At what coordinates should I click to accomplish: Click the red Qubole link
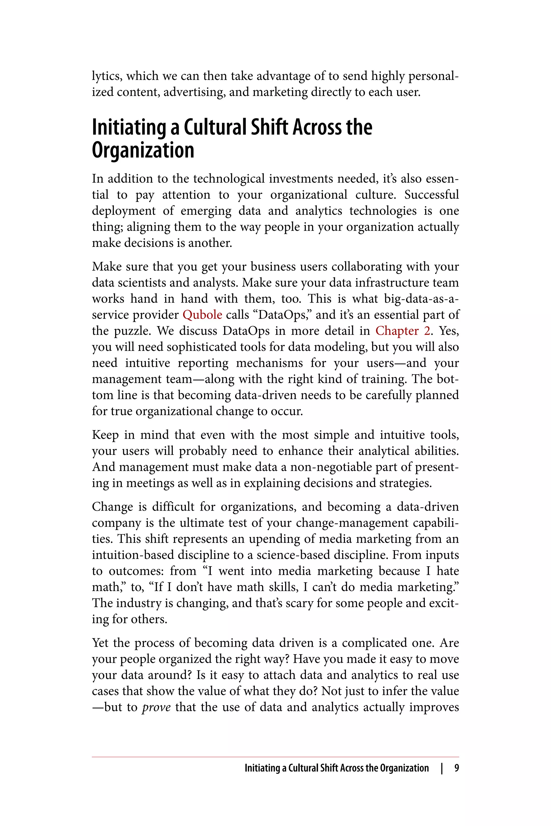(202, 315)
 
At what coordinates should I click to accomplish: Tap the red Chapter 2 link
(402, 331)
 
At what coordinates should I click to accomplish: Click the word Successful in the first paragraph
(432, 195)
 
